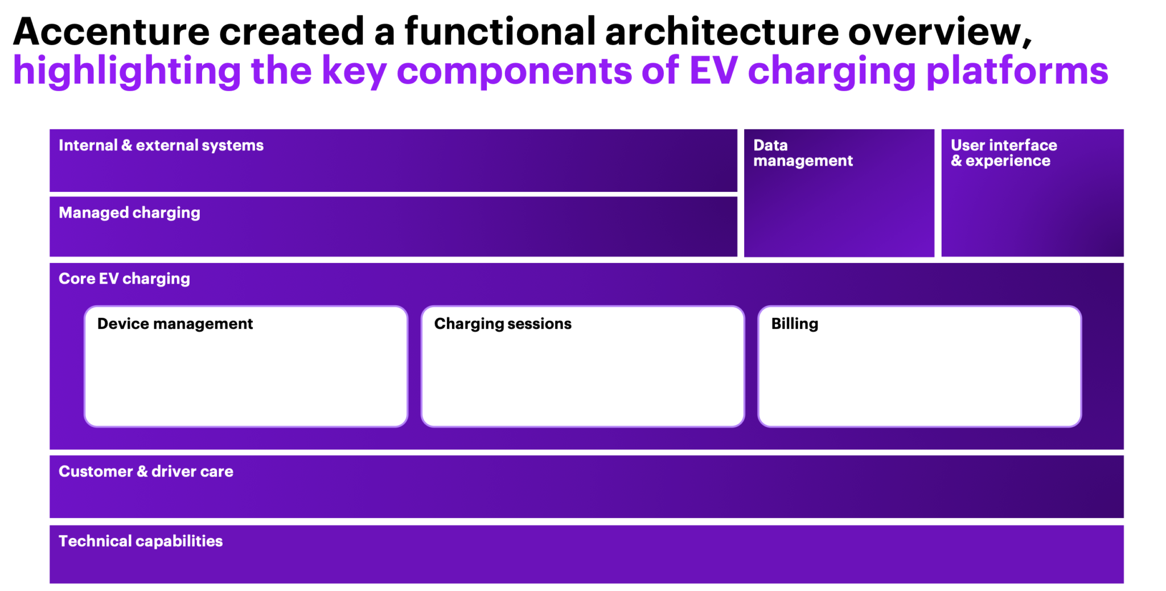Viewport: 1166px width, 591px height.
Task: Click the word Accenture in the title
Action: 111,31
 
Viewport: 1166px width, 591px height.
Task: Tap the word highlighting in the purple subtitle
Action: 126,71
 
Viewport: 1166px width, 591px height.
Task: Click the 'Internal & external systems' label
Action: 161,146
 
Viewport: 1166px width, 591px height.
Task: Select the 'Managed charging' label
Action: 129,213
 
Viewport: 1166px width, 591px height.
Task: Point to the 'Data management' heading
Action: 803,153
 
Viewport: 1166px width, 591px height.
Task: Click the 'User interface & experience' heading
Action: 1003,153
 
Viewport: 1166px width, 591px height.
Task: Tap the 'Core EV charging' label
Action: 124,279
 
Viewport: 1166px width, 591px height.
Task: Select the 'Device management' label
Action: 175,324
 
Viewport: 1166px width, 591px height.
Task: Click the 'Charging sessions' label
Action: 502,324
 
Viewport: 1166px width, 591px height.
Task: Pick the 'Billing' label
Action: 794,324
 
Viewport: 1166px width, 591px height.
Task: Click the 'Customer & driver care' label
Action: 146,471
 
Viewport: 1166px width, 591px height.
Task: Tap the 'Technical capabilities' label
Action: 141,541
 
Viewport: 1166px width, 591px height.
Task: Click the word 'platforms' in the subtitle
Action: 1017,71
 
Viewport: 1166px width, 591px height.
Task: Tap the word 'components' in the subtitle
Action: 514,71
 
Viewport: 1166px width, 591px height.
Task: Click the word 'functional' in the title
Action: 500,31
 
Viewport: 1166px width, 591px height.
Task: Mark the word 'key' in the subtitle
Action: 354,71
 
